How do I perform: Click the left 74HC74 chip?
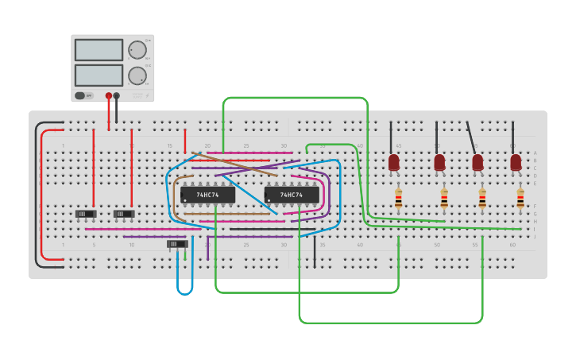[x=207, y=195]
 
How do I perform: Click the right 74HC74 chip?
[x=292, y=195]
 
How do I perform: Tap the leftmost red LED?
[x=394, y=162]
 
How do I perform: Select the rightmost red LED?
[x=516, y=162]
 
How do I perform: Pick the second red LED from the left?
[x=439, y=162]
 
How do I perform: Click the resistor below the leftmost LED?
[x=398, y=198]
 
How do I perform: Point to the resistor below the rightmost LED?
[x=520, y=198]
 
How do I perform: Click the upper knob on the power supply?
[x=137, y=50]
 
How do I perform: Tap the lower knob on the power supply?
[x=137, y=75]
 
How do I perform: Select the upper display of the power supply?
[x=99, y=49]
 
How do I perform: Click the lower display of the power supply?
[x=99, y=75]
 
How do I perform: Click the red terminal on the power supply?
[x=109, y=95]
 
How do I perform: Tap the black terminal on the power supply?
[x=117, y=95]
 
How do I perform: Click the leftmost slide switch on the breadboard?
[x=85, y=214]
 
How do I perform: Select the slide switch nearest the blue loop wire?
[x=177, y=244]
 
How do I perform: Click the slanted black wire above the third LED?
[x=473, y=137]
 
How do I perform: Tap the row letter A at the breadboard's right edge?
[x=535, y=153]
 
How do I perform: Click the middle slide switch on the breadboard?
[x=124, y=214]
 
